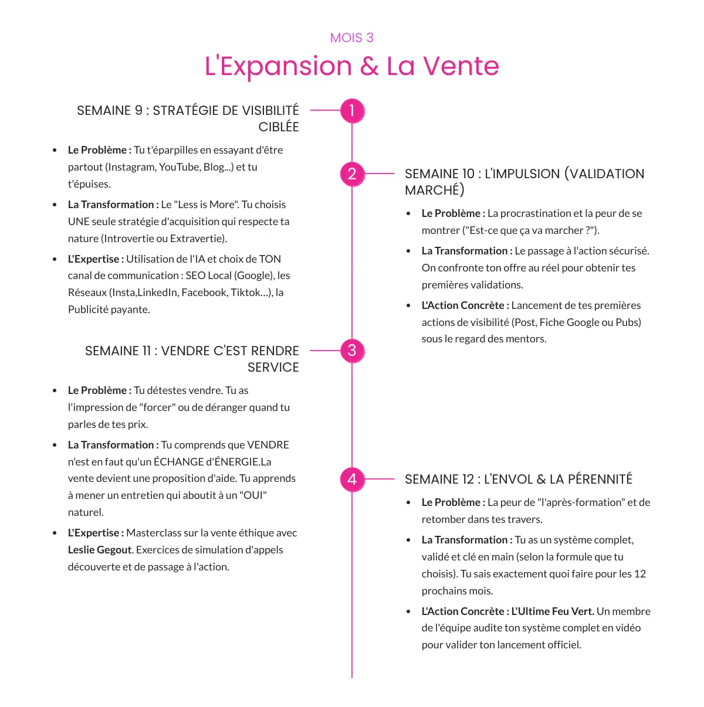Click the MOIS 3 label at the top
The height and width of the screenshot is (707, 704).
coord(351,38)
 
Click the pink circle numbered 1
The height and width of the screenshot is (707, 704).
coord(352,110)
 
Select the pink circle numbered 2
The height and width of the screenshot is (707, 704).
coord(352,174)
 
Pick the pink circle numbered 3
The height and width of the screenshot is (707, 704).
coord(352,351)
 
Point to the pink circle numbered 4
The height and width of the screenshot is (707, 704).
coord(352,479)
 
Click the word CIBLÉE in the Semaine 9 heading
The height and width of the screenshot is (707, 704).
coord(278,127)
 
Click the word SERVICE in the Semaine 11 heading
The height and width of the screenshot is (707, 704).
coord(273,368)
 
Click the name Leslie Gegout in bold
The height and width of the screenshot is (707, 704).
coord(100,550)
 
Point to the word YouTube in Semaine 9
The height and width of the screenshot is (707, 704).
coord(180,167)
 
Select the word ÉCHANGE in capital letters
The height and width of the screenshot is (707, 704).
coord(179,462)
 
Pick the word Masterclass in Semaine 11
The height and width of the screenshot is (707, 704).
coord(154,533)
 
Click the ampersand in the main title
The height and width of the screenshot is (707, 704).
coord(369,66)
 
